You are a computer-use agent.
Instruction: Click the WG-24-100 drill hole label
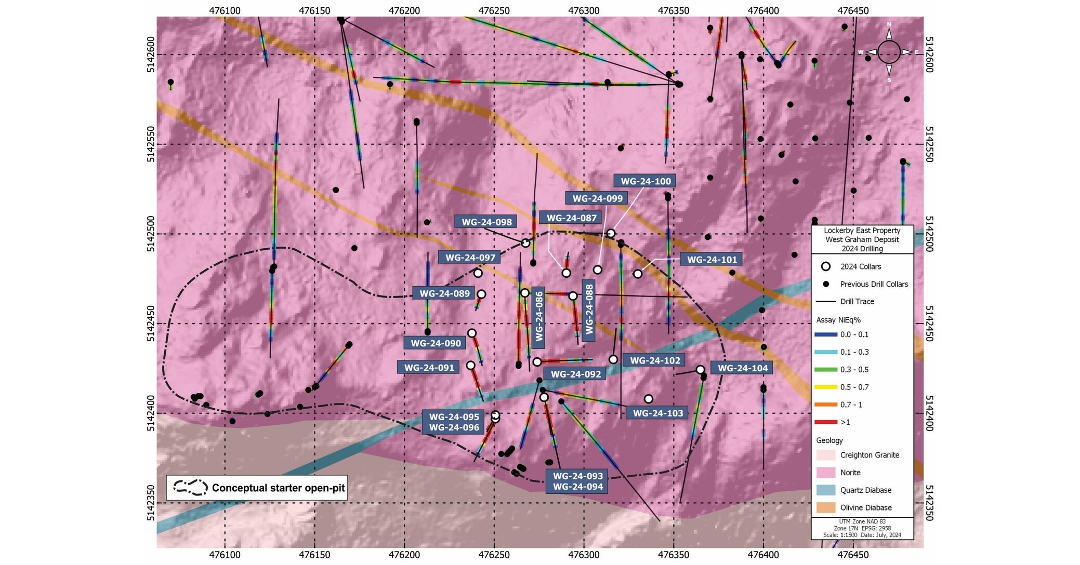646,181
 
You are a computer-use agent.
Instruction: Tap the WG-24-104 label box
742,368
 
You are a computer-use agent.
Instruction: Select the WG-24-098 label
486,222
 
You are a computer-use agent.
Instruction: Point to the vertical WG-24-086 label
539,316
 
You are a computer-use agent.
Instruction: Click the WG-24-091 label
429,368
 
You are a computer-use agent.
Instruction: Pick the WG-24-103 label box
657,413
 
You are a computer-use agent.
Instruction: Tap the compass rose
889,52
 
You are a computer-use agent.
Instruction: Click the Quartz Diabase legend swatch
825,490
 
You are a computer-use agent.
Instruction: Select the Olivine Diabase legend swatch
825,508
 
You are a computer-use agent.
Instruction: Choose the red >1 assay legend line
826,422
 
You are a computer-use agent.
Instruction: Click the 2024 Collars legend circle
826,266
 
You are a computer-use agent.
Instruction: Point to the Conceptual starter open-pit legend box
257,488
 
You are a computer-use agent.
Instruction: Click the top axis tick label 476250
494,10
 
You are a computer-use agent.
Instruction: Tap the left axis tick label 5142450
151,324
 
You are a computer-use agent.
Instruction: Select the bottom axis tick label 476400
763,555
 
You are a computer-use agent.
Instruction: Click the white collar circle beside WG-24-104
700,370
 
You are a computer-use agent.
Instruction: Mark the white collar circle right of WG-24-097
478,273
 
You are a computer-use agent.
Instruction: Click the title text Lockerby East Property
862,231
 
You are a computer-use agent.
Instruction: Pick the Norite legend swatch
825,473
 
